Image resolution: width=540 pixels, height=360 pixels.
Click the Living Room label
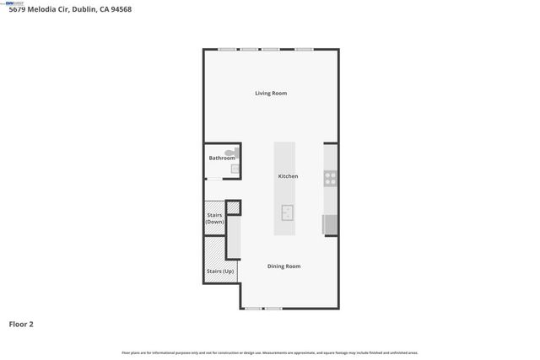coord(271,93)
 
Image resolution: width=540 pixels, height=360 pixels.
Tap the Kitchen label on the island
coord(288,176)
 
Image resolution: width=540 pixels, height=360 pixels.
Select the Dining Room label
coord(283,266)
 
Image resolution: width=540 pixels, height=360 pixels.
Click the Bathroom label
coord(222,158)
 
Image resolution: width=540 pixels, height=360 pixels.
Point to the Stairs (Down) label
coord(215,218)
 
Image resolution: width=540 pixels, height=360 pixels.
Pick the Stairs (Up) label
coord(220,271)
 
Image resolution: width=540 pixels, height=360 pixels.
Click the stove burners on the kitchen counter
coord(331,178)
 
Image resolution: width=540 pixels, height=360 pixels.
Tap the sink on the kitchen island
coord(288,212)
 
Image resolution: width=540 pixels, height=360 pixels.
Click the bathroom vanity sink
coord(235,169)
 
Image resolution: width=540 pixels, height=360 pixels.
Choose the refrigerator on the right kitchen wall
coord(330,224)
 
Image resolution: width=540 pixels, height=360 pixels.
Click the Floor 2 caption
coord(21,323)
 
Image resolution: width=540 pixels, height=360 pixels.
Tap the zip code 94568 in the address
coord(118,9)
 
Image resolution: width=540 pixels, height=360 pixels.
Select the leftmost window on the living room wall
coord(226,49)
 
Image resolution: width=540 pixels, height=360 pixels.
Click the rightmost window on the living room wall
coord(304,49)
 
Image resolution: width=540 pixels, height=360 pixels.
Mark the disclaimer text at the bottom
coord(269,352)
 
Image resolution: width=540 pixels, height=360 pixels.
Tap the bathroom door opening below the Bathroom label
coord(214,180)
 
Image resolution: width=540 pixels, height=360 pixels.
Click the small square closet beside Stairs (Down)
coord(233,207)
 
